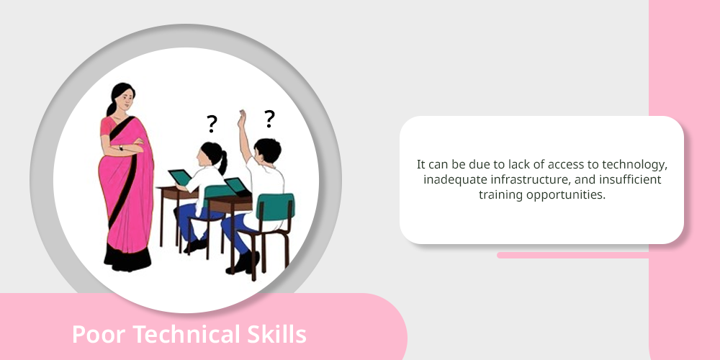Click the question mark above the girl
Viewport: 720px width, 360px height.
coord(211,124)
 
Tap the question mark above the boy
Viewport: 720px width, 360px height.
coord(269,119)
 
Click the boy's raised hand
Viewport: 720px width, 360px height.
coord(241,119)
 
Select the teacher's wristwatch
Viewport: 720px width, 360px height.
coord(121,148)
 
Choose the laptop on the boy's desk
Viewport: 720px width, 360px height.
coord(237,186)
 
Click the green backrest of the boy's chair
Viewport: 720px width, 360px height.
coord(275,207)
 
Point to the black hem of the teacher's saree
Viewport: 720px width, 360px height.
coord(127,258)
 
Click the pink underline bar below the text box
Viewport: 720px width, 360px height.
coord(573,255)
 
